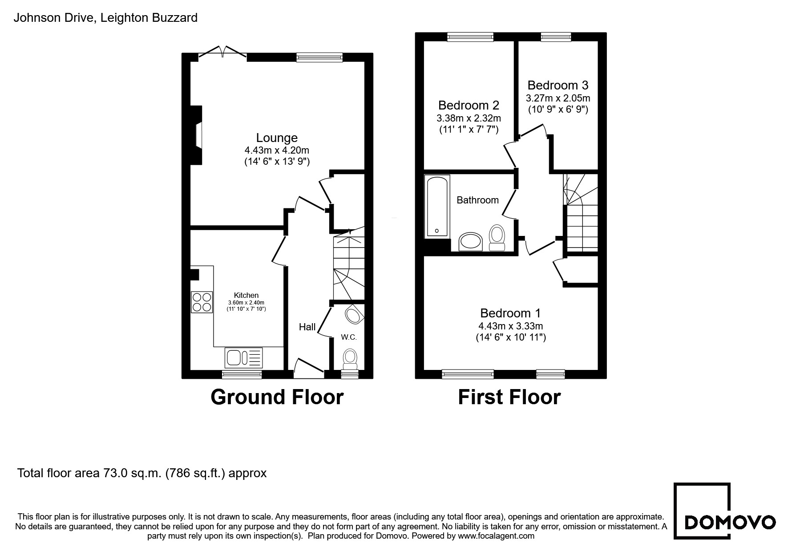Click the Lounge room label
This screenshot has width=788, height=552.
[x=277, y=138]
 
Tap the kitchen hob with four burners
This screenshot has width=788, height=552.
[x=202, y=302]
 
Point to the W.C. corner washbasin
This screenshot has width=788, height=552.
[x=355, y=314]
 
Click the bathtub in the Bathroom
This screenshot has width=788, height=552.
[x=438, y=206]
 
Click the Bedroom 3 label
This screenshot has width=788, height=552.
[x=558, y=85]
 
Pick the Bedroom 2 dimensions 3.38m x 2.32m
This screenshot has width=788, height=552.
[x=469, y=118]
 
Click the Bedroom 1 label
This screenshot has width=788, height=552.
[x=510, y=313]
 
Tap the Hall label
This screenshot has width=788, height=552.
[x=307, y=327]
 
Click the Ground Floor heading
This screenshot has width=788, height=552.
[x=277, y=397]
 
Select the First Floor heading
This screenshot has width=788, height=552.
[x=509, y=397]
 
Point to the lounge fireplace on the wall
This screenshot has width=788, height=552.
[x=196, y=135]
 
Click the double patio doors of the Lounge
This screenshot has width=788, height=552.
[x=222, y=51]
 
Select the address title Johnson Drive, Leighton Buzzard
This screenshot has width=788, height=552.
[x=105, y=18]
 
